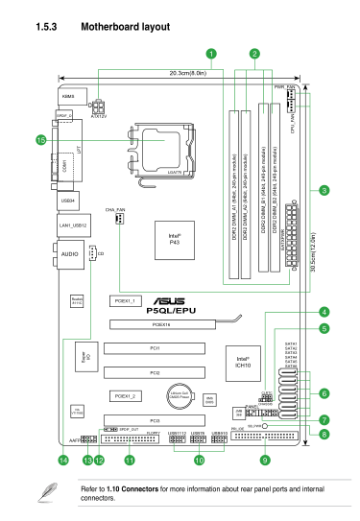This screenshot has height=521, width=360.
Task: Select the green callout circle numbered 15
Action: pyautogui.click(x=41, y=139)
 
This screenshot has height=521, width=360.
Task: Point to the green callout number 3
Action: pyautogui.click(x=324, y=191)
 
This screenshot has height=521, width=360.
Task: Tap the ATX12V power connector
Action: pyautogui.click(x=99, y=106)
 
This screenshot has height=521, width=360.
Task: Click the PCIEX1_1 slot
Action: pyautogui.click(x=128, y=300)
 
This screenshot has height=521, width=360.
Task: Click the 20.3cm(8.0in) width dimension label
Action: pyautogui.click(x=190, y=72)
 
